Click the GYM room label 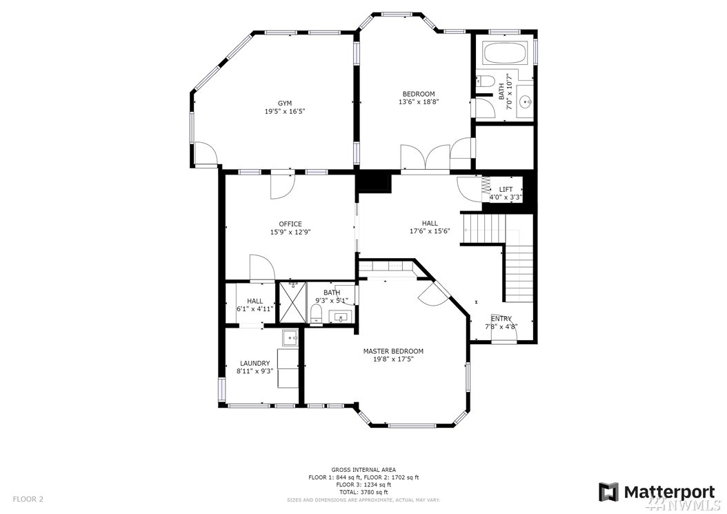point(285,103)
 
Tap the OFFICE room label point(290,224)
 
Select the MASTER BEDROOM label point(393,351)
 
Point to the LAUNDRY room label point(255,363)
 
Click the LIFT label point(506,189)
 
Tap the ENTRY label point(501,319)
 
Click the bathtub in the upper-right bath point(504,54)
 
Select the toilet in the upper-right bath point(484,81)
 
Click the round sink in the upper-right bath point(526,100)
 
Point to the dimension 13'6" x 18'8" point(419,101)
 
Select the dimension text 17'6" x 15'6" point(430,231)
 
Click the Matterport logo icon point(608,492)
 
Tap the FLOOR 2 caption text point(28,500)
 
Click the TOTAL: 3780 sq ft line point(363,492)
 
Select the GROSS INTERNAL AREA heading point(363,470)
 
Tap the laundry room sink point(290,338)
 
